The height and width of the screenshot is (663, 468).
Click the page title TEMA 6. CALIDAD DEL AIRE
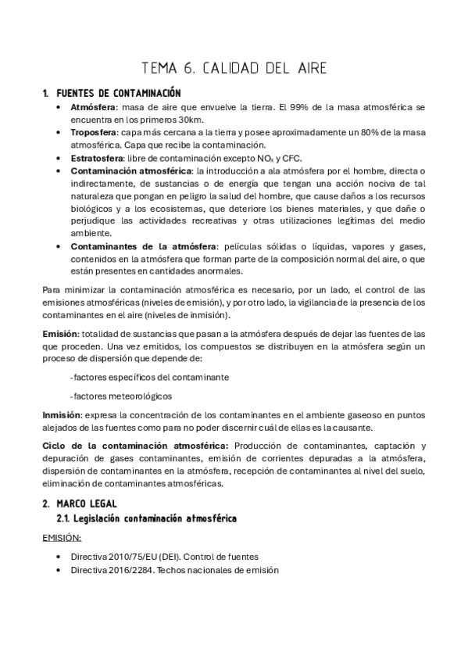click(x=234, y=68)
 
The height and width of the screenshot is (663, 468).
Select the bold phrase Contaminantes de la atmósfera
click(x=142, y=246)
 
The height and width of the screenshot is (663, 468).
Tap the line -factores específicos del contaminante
click(x=149, y=377)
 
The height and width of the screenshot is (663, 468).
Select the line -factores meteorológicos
click(x=120, y=396)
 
